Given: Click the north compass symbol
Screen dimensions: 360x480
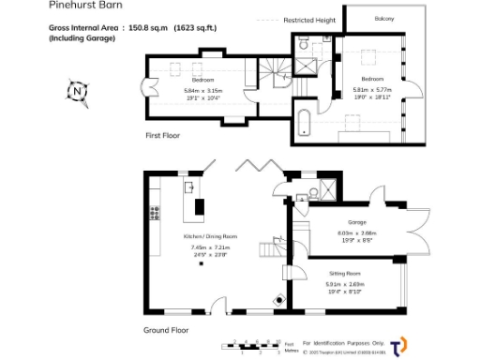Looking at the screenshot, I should [x=77, y=92].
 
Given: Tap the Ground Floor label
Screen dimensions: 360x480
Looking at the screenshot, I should [x=166, y=330].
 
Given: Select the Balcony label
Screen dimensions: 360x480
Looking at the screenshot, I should [x=384, y=19].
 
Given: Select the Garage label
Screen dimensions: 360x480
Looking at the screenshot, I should [x=356, y=221].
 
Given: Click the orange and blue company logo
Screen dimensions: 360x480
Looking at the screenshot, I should [x=398, y=344].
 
